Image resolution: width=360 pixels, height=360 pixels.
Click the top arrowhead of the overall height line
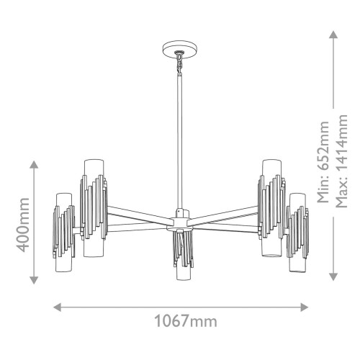333,34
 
